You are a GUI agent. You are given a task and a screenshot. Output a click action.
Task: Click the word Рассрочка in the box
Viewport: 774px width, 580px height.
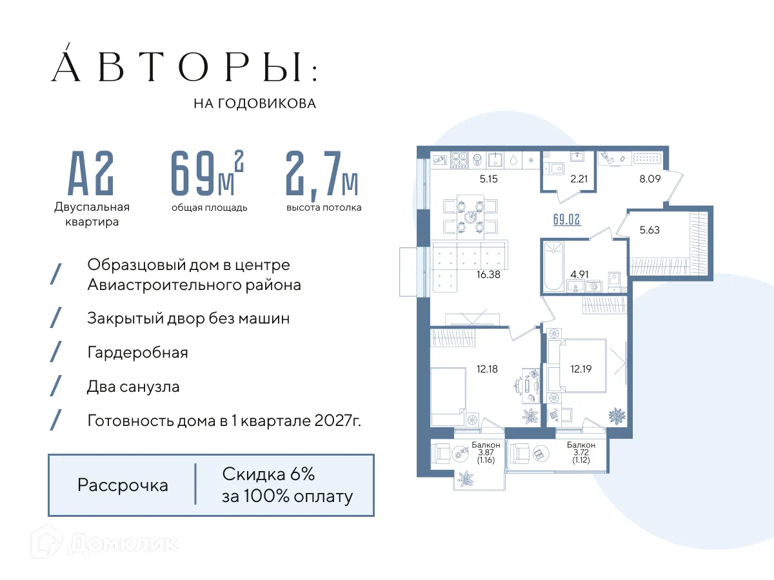tap(123, 485)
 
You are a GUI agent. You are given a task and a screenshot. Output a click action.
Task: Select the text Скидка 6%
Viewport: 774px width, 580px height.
tap(268, 475)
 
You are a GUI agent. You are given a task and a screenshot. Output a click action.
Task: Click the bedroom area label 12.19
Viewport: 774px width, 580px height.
tap(580, 369)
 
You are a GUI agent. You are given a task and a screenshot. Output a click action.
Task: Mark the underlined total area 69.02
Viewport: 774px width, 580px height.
tap(567, 218)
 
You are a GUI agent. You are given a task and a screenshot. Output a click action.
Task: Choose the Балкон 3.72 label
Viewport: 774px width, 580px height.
tap(580, 452)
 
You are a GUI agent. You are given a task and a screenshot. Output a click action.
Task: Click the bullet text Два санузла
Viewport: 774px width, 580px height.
tap(134, 387)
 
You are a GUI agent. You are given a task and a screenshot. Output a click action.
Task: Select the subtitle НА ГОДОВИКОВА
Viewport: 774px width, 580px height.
tap(255, 103)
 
